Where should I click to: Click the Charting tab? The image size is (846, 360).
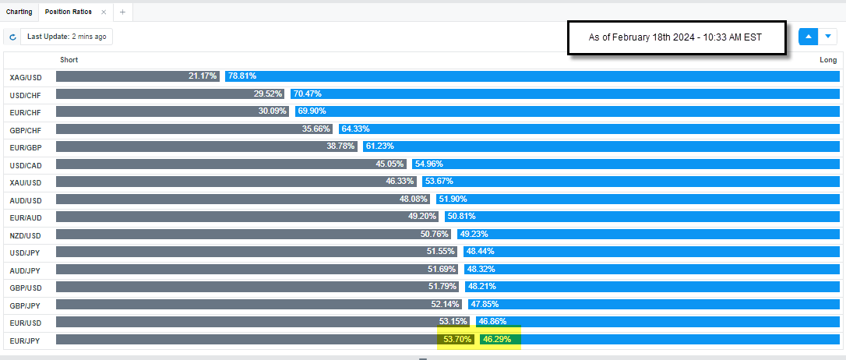(19, 12)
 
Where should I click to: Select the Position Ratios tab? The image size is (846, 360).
(68, 12)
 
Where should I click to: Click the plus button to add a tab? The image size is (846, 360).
(122, 12)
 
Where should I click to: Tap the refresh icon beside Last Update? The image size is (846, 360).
(12, 37)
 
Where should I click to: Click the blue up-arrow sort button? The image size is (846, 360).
(809, 37)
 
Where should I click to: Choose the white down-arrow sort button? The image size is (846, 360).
(828, 37)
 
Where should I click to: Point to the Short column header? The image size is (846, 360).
(69, 60)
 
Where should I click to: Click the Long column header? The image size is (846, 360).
(828, 60)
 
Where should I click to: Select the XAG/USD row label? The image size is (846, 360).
(26, 77)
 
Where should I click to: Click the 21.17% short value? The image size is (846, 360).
(203, 76)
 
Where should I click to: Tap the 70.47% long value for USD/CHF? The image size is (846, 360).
(308, 94)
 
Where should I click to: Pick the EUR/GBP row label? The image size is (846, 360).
(26, 147)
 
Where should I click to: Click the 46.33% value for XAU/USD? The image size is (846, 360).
(401, 182)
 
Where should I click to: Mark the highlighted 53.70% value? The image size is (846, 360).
(458, 340)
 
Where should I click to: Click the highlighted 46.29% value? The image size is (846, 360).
(497, 340)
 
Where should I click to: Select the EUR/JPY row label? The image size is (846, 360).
(25, 341)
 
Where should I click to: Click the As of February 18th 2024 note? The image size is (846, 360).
(675, 37)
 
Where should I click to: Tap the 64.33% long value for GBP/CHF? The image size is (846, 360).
(355, 129)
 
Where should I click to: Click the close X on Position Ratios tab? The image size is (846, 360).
(104, 12)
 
